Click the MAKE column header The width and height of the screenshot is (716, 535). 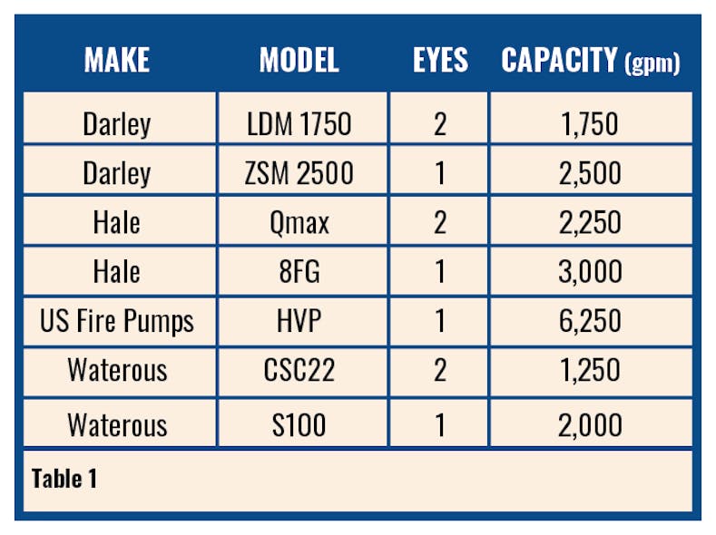point(116,61)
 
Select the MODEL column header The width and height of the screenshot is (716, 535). point(299,61)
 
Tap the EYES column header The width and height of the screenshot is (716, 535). point(440,61)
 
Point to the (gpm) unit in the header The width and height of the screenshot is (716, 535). point(652,63)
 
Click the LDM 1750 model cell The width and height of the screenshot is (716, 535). point(299,124)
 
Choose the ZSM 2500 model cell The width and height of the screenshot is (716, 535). point(299,172)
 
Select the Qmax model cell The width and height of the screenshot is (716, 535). point(299,223)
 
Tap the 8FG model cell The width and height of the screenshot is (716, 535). point(299,272)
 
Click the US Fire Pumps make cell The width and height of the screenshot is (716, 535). point(116,322)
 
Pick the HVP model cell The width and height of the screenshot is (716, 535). point(299,322)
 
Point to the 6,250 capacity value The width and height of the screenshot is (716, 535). point(590,322)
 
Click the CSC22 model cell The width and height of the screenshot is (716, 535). point(299,372)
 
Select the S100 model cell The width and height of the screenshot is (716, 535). point(299,423)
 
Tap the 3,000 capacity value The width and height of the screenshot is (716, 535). point(590,272)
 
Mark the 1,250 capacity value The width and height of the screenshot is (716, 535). point(590,372)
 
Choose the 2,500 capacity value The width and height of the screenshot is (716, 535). point(590,172)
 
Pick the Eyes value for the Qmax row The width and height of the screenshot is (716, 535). point(440,223)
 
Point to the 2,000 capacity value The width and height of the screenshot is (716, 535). point(590,423)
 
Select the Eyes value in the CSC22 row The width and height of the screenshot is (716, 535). point(440,372)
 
